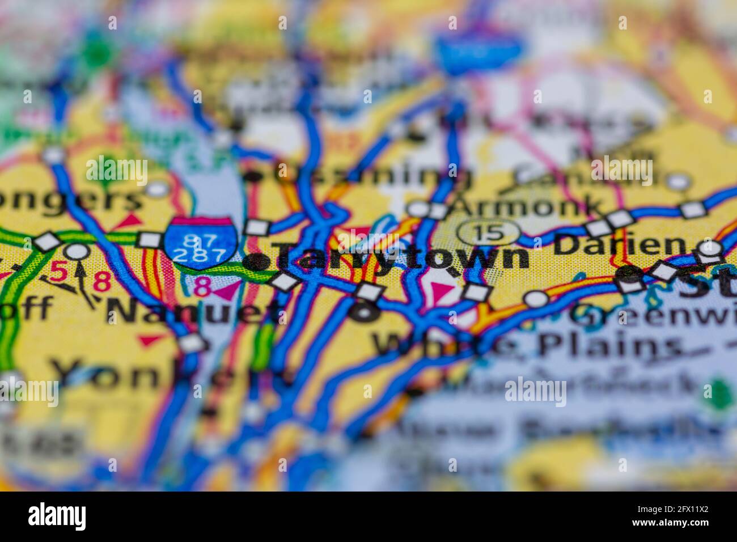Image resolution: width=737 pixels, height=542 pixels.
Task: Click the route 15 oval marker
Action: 488,232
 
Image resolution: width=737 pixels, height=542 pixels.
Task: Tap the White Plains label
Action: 527,345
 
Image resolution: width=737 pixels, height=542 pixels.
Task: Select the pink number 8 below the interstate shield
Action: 202,287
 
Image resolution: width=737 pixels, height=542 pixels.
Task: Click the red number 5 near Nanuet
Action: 58,271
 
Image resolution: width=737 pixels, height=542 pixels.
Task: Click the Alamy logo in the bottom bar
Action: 57,516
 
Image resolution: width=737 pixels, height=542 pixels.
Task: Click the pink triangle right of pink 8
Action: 227,290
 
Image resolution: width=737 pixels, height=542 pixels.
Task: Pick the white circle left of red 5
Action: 77,251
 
